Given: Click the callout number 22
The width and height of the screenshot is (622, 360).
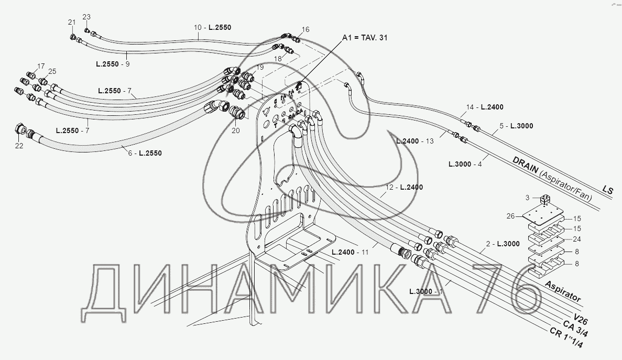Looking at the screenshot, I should click(19, 146).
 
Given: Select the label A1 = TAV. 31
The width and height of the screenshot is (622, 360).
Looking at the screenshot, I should click(365, 38).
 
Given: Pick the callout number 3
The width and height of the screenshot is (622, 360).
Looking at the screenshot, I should click(527, 198).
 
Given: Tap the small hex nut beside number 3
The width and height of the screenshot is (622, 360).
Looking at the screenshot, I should click(543, 199).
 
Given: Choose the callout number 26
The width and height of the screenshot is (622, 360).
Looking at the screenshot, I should click(510, 215).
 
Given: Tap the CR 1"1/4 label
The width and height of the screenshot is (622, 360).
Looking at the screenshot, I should click(566, 339).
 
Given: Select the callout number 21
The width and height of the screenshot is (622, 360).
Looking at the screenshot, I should click(72, 22).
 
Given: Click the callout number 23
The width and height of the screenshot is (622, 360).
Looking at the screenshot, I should click(86, 17).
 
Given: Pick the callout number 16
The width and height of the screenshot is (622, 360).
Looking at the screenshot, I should click(306, 29).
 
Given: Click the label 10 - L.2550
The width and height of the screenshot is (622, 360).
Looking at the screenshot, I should click(212, 27).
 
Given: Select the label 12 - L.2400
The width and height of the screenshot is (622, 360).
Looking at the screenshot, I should click(403, 187).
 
